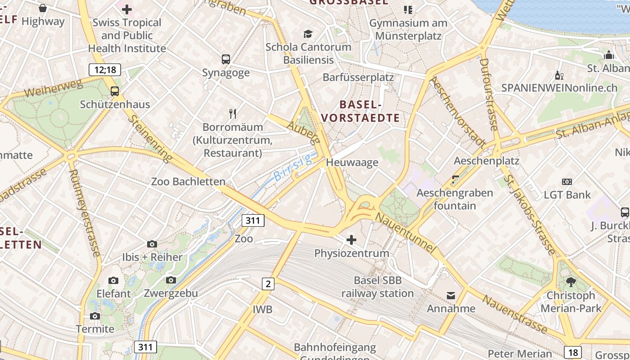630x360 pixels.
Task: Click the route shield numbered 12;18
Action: click(x=105, y=70)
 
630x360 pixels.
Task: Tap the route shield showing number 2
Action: click(x=268, y=283)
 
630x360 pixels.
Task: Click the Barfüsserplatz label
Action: click(x=358, y=77)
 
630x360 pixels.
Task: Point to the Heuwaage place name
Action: click(x=352, y=162)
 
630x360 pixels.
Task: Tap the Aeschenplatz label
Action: click(x=486, y=161)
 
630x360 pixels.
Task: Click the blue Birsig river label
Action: click(x=293, y=168)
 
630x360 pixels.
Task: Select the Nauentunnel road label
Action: click(x=405, y=232)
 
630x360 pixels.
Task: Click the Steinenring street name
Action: click(x=150, y=138)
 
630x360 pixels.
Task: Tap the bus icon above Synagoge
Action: click(x=226, y=59)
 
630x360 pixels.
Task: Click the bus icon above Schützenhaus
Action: click(x=115, y=91)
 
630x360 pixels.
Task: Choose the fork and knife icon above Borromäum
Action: click(x=233, y=113)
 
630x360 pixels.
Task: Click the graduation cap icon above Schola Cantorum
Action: click(x=308, y=34)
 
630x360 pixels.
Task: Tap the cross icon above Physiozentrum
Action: click(x=351, y=240)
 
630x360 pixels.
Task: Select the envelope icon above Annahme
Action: click(x=451, y=296)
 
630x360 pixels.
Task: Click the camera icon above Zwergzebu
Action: click(x=171, y=280)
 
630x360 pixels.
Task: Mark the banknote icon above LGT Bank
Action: click(x=567, y=182)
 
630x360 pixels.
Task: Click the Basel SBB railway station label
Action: click(x=378, y=287)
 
